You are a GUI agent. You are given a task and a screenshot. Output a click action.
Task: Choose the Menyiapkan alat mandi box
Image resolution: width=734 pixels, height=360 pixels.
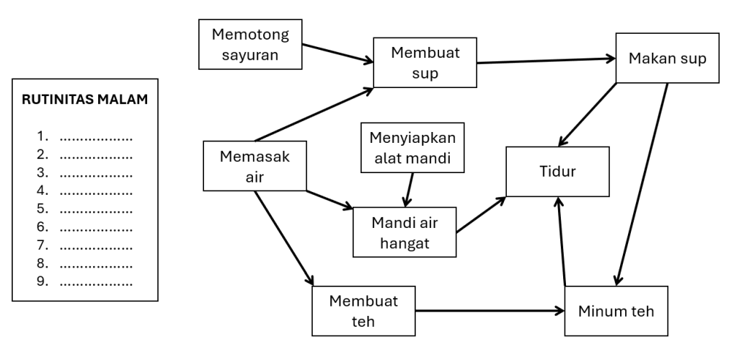click(x=412, y=148)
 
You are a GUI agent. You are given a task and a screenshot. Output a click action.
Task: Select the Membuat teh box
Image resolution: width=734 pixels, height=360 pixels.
click(x=365, y=310)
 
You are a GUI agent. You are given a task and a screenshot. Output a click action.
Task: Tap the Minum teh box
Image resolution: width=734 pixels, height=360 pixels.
click(x=617, y=311)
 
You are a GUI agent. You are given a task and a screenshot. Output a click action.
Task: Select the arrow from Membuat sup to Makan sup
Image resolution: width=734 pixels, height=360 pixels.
click(x=546, y=61)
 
